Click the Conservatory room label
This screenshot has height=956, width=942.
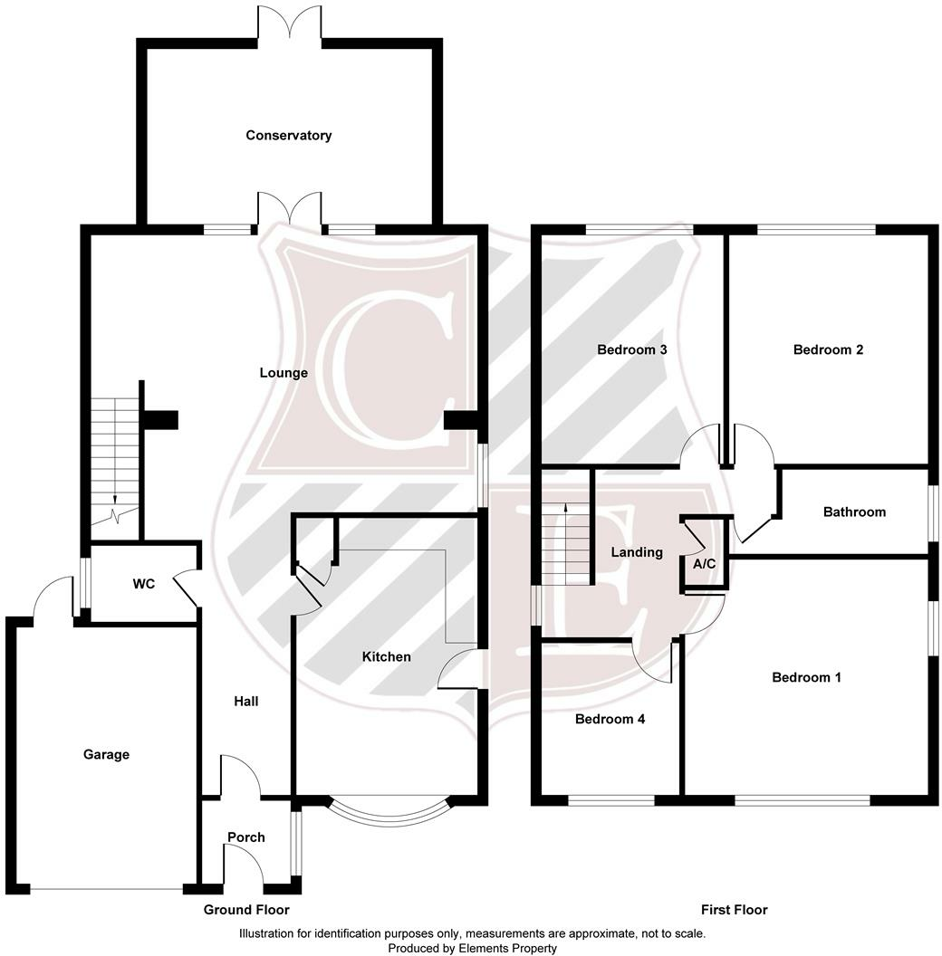click(289, 136)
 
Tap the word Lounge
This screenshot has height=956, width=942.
click(284, 373)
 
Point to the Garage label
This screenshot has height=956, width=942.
click(107, 754)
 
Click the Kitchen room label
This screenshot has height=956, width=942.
click(387, 656)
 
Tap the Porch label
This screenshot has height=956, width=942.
click(246, 837)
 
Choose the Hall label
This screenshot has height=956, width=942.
click(246, 701)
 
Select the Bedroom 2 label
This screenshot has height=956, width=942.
click(828, 349)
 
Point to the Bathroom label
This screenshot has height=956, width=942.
click(854, 512)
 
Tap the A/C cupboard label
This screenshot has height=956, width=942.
click(705, 564)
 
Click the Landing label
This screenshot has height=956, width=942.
click(637, 552)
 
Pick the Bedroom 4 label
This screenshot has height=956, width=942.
click(610, 720)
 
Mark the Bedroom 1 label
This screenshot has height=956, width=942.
click(806, 677)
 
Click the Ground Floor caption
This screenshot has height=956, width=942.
click(246, 910)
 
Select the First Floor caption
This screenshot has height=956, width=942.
click(734, 910)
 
